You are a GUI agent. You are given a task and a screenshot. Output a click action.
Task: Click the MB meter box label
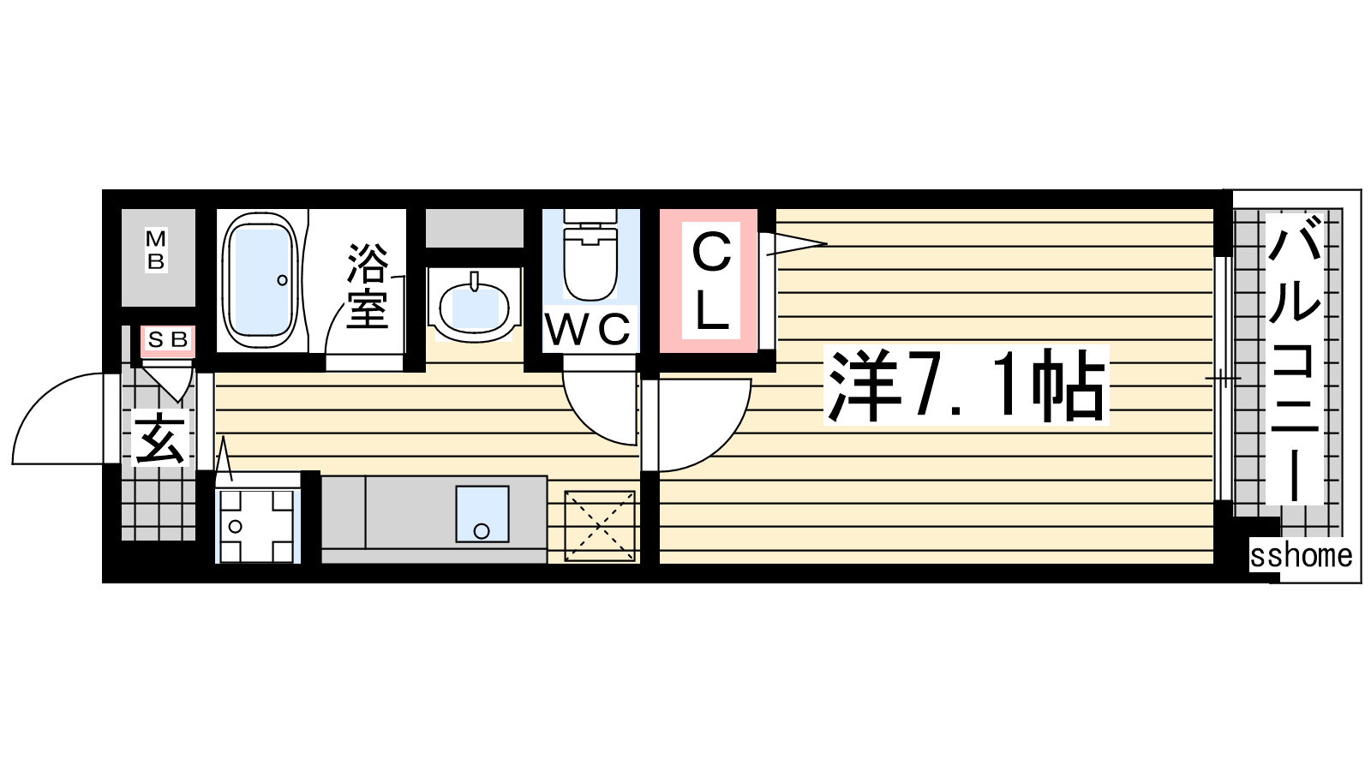click(x=156, y=249)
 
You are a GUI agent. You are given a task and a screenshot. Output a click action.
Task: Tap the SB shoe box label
click(x=168, y=339)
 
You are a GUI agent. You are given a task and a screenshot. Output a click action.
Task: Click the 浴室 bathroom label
click(x=368, y=286)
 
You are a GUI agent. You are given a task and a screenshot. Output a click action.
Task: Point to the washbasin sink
click(x=475, y=306)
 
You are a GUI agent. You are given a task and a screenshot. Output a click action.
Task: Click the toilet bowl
click(x=590, y=257)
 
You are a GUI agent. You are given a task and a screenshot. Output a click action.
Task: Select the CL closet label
click(x=712, y=283)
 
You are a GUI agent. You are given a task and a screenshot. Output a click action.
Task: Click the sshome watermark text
click(x=1301, y=556)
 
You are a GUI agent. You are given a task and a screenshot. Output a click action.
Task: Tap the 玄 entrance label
click(x=159, y=439)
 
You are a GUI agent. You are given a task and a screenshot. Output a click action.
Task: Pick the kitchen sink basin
click(x=482, y=514)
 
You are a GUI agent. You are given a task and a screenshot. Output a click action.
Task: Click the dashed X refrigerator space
click(x=599, y=526)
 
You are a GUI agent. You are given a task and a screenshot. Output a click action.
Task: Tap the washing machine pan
click(x=257, y=526)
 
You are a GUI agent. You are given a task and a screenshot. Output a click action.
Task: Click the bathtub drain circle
click(x=282, y=280)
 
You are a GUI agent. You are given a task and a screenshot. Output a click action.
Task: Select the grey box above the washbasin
click(x=475, y=228)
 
